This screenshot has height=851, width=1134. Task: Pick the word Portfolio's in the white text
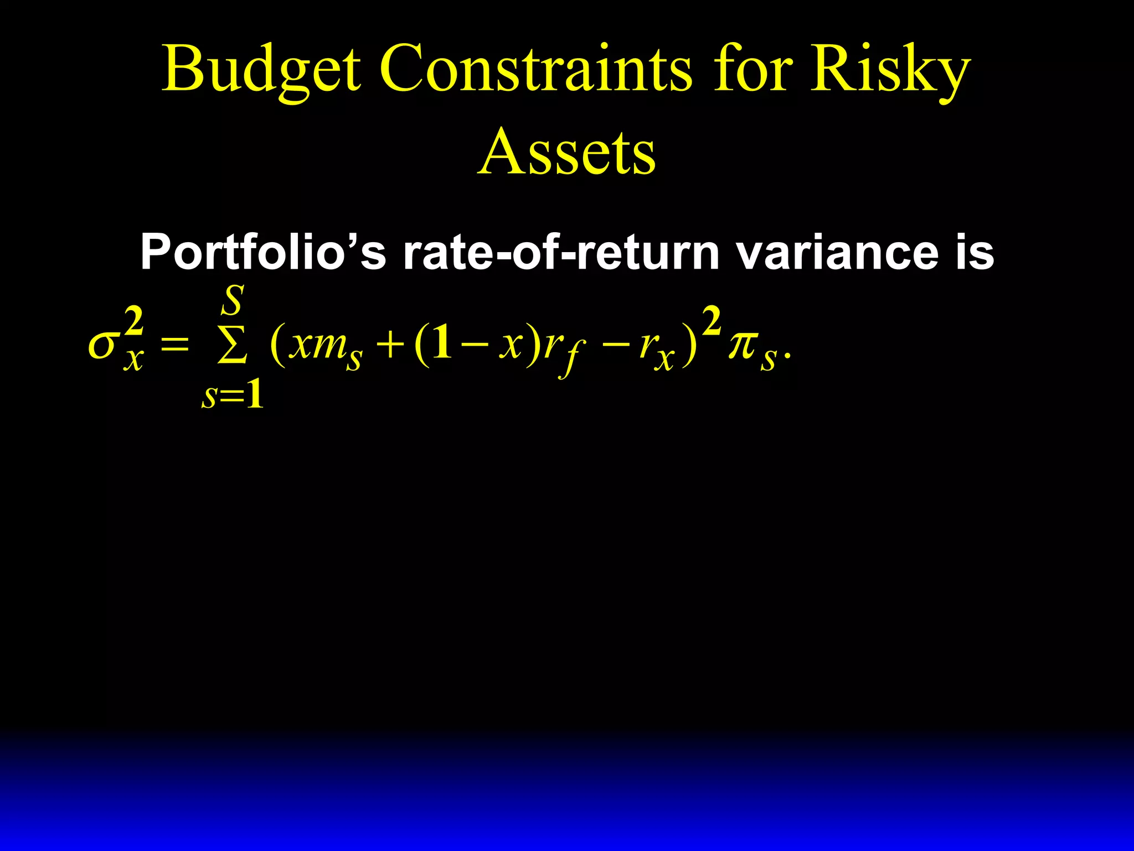262,253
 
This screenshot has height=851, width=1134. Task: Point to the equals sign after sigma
174,346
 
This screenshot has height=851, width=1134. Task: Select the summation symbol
232,347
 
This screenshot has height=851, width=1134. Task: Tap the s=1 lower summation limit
233,396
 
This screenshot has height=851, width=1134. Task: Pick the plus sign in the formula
390,346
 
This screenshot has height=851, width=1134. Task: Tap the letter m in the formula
329,346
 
